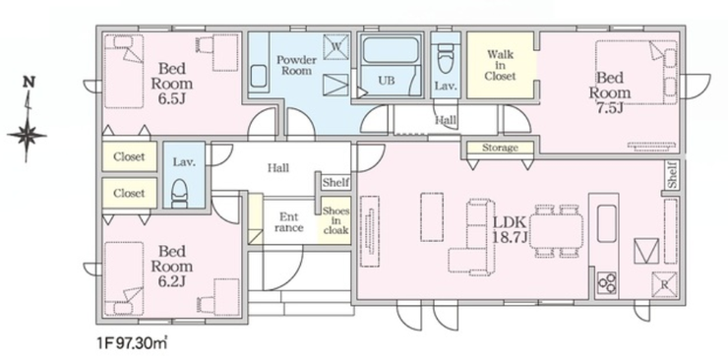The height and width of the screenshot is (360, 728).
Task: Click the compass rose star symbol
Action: pos(27,136)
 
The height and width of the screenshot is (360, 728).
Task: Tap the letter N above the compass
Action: pos(30,82)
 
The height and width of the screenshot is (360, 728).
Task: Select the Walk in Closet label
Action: pos(500,65)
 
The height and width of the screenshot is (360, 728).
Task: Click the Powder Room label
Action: pos(296,66)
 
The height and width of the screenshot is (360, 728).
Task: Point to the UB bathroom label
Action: pos(387,81)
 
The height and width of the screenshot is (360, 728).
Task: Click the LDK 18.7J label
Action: pos(510,229)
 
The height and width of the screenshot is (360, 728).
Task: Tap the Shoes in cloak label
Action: pos(335,220)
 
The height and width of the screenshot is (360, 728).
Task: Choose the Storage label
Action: pos(500,148)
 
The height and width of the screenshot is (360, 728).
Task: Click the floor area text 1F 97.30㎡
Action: pos(133,343)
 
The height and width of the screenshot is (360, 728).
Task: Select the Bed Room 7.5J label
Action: pos(610,91)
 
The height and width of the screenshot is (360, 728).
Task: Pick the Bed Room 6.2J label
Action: pos(172,266)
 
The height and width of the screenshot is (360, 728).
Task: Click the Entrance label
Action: pos(289,222)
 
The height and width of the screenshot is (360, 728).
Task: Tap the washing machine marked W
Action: pos(335,46)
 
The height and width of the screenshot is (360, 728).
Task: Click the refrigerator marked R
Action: pos(664,284)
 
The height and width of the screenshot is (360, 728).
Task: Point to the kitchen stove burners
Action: pos(607,282)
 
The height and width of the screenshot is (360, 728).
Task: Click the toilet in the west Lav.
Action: pos(179,193)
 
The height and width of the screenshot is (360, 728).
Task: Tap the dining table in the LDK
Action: pos(556,231)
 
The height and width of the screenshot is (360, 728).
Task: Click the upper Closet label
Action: pos(129,156)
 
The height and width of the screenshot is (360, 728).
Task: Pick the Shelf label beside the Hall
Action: pos(335,182)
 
